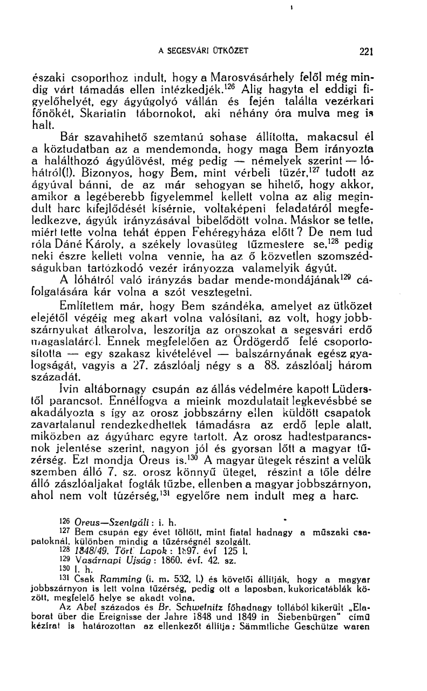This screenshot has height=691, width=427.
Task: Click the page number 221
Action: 367,52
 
